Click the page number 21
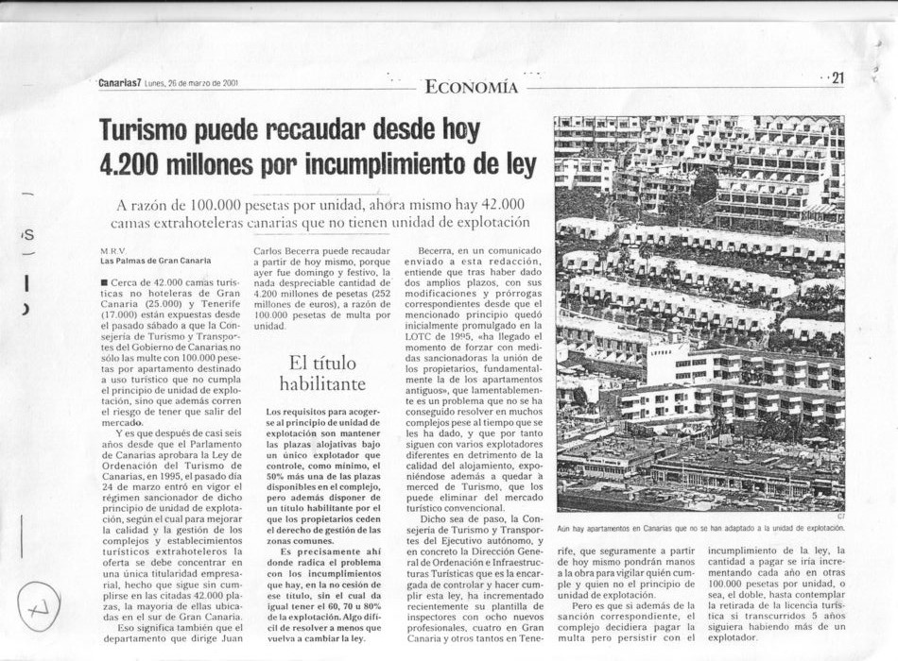836,79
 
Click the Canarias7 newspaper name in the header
119,83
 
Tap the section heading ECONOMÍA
472,88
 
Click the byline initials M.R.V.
113,250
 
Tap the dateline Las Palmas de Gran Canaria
156,261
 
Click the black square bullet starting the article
104,281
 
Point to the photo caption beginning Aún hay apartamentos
699,529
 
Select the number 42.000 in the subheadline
497,205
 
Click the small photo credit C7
839,517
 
